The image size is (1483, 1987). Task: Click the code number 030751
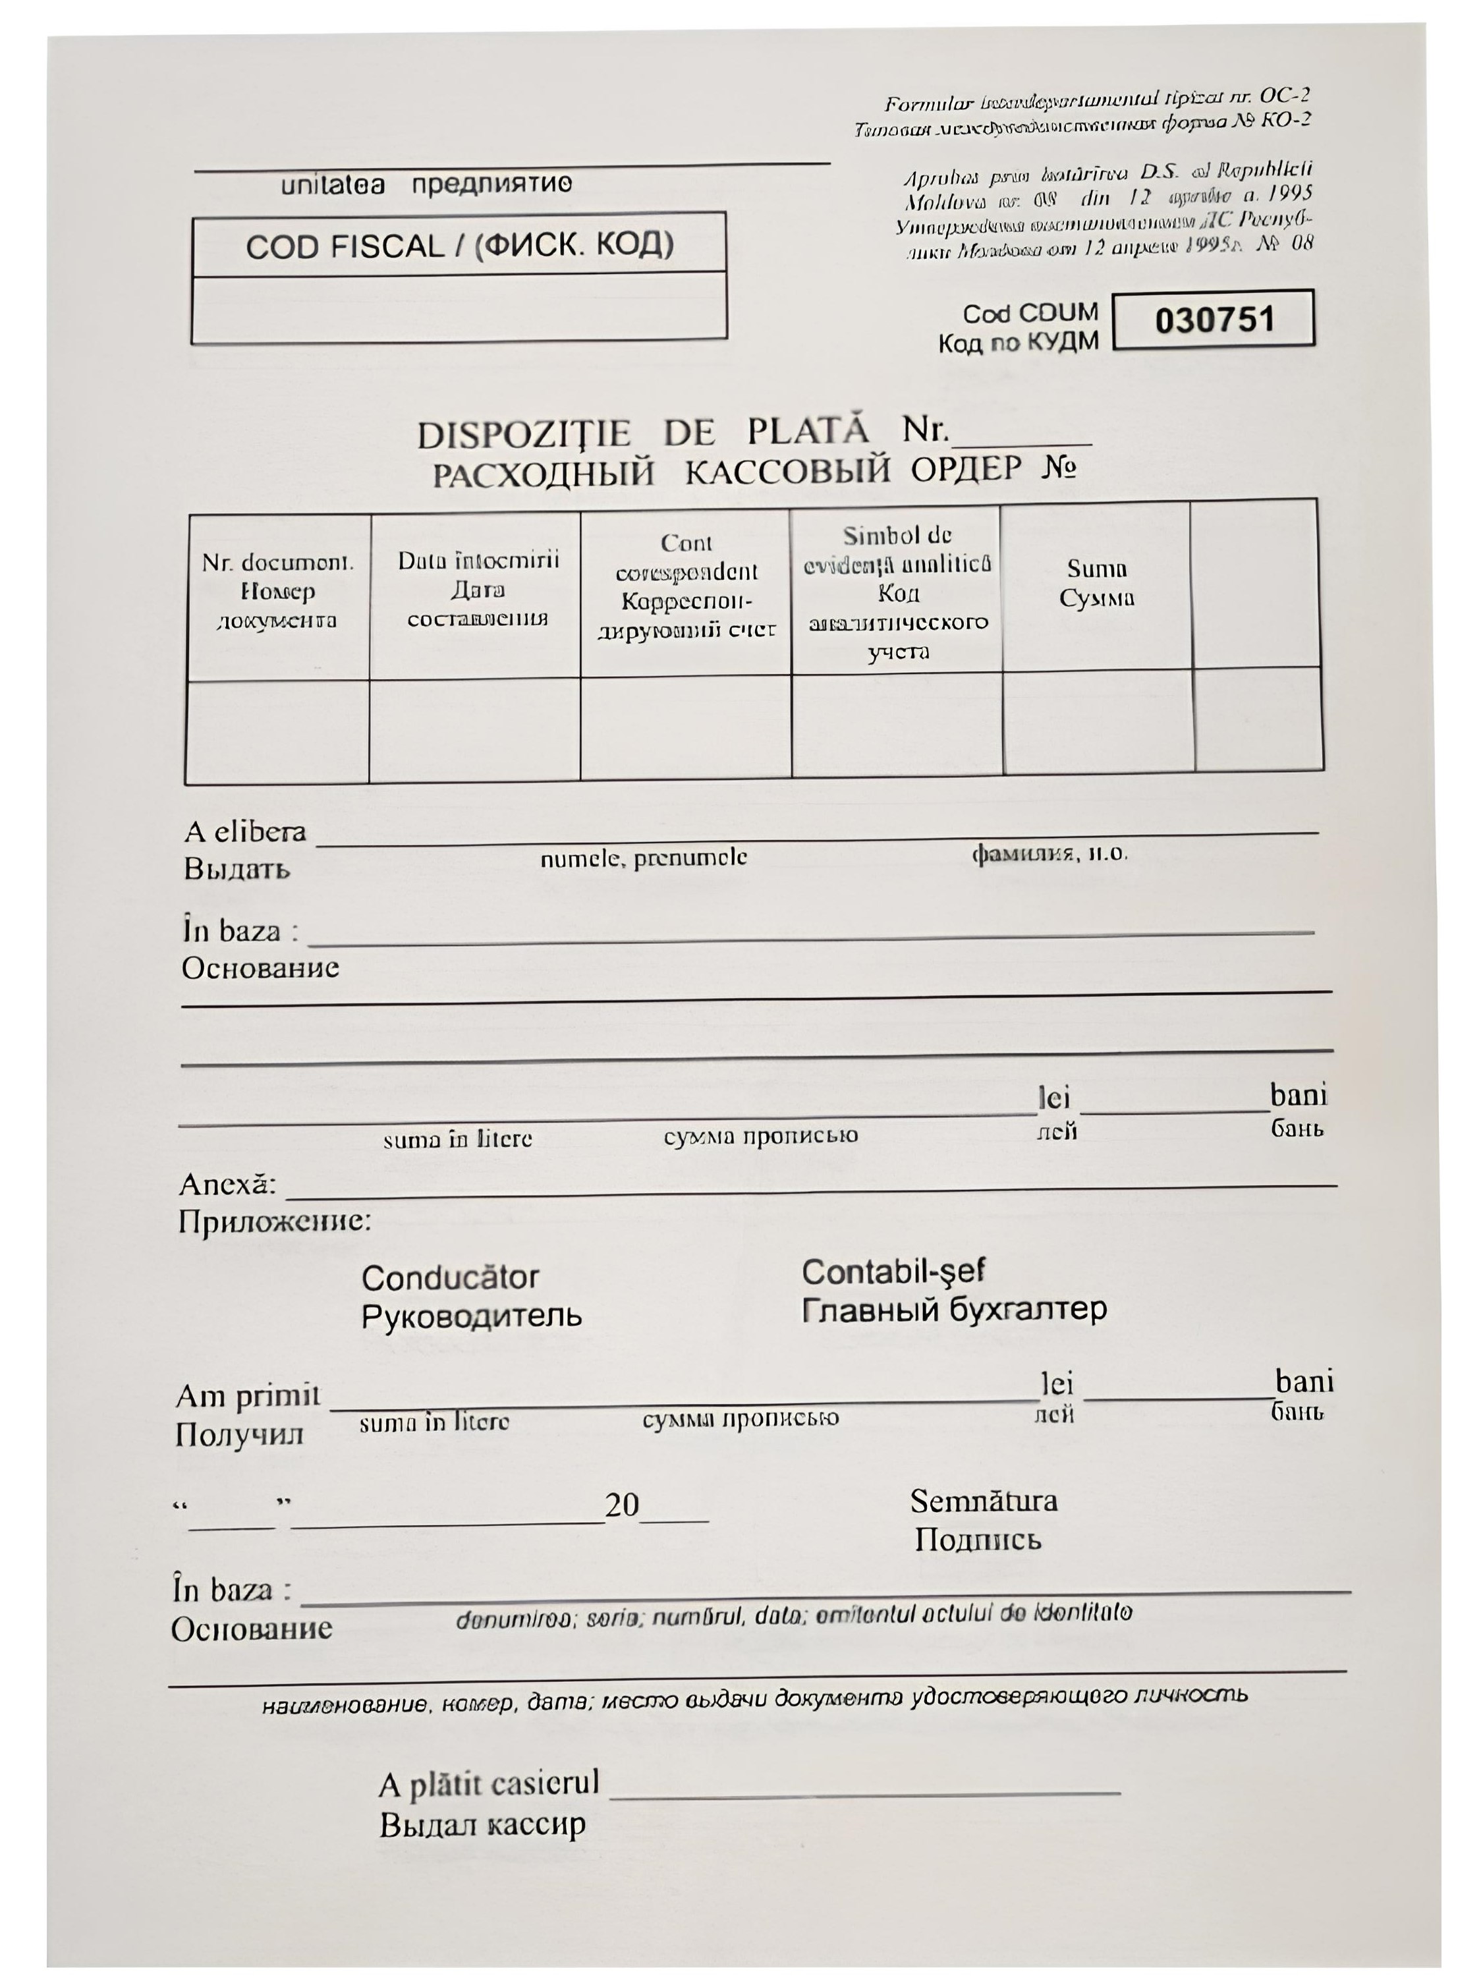(x=1214, y=320)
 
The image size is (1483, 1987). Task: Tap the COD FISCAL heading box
(x=459, y=244)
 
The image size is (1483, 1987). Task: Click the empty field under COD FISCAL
(x=459, y=307)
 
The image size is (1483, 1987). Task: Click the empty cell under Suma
(x=1098, y=721)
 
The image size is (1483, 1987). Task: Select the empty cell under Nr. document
(x=277, y=731)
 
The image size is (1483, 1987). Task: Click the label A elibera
(x=245, y=833)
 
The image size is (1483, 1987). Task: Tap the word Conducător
(x=450, y=1277)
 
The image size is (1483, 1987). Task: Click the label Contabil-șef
(x=893, y=1272)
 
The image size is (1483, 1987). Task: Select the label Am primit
(x=247, y=1395)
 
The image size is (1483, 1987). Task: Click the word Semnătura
(x=984, y=1501)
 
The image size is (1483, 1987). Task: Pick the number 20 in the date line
(x=621, y=1505)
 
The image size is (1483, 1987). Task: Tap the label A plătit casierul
(x=488, y=1784)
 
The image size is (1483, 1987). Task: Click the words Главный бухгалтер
(x=953, y=1310)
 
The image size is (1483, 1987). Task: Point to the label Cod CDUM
(x=1030, y=313)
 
